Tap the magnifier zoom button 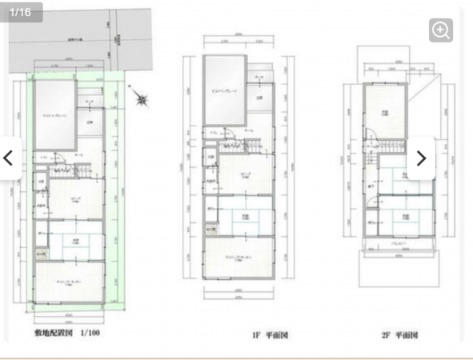[441, 30]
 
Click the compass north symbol [142, 100]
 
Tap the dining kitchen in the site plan [70, 285]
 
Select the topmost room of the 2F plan [386, 112]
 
